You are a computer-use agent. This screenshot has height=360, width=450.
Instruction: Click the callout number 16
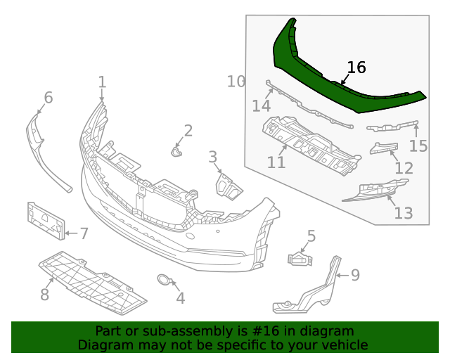pos(356,67)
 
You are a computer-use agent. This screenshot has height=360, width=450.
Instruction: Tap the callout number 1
pos(102,82)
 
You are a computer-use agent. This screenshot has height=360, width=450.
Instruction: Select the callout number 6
pos(49,97)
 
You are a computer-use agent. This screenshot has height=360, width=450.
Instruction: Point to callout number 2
pos(188,130)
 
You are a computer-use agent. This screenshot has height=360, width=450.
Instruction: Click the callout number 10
pos(236,82)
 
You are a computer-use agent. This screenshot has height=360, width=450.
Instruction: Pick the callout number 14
pos(261,106)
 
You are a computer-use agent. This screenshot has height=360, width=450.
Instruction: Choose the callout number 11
pos(276,162)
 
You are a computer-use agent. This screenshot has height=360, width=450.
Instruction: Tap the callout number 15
pos(418,146)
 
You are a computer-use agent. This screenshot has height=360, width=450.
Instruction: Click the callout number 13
pos(404,212)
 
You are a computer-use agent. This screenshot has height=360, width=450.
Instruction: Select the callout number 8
pos(44,295)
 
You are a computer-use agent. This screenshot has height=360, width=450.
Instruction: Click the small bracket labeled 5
pos(300,259)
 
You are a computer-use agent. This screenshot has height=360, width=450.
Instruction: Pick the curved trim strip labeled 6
pos(42,151)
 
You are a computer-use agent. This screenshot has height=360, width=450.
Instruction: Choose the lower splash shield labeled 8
pos(91,281)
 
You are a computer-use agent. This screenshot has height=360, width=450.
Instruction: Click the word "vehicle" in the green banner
pos(341,345)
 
